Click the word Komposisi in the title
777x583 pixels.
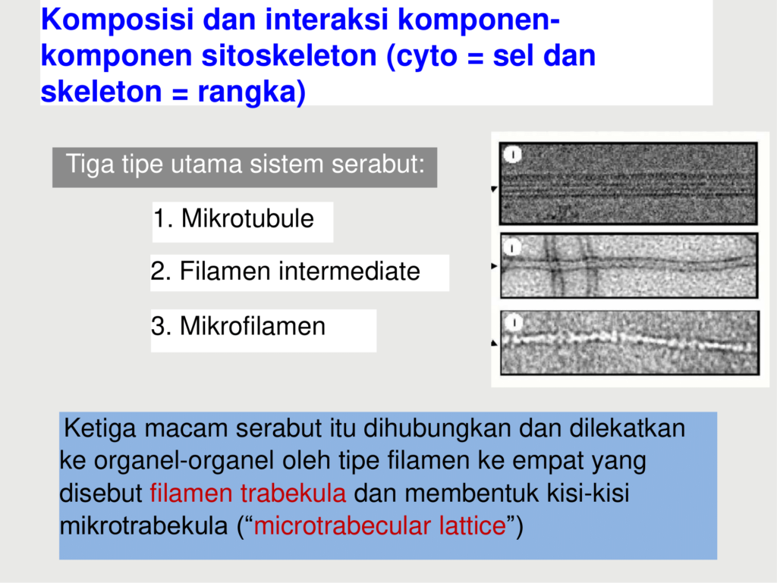(117, 20)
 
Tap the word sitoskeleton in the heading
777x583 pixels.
(289, 55)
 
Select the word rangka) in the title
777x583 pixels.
(251, 92)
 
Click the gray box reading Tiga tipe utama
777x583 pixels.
(245, 168)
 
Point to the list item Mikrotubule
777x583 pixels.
(234, 218)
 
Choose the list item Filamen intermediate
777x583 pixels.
(285, 271)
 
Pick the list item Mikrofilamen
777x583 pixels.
(238, 326)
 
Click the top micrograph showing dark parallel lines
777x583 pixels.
(628, 183)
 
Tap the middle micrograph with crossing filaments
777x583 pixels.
(629, 266)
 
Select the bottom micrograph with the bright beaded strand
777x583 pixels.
(629, 343)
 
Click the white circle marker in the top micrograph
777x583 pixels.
(513, 155)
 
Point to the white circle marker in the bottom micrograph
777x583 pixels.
(514, 323)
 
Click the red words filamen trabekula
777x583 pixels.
(248, 494)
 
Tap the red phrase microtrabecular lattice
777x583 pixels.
(379, 525)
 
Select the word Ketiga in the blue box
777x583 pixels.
(99, 428)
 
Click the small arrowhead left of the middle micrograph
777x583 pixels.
(493, 266)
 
